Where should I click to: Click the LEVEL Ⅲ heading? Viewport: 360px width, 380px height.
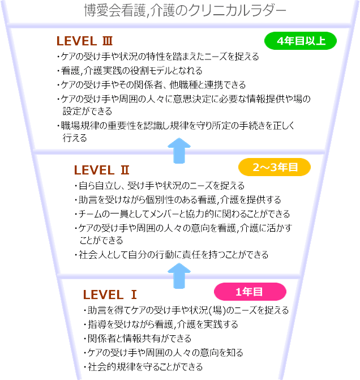coord(85,41)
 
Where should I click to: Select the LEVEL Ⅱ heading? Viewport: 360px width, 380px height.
coord(102,170)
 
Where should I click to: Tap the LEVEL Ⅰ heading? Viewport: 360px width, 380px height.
coord(110,294)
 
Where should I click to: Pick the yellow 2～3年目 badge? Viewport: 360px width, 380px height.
coord(275,167)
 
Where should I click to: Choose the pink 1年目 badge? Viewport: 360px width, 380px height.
coord(250,291)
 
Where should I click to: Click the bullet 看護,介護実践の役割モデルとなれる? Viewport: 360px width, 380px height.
coord(130,71)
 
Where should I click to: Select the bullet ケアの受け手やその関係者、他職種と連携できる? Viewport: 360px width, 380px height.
coord(152,85)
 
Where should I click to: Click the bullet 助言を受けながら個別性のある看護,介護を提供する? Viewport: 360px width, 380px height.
coord(177,199)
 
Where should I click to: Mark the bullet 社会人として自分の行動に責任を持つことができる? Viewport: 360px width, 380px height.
coord(172,254)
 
